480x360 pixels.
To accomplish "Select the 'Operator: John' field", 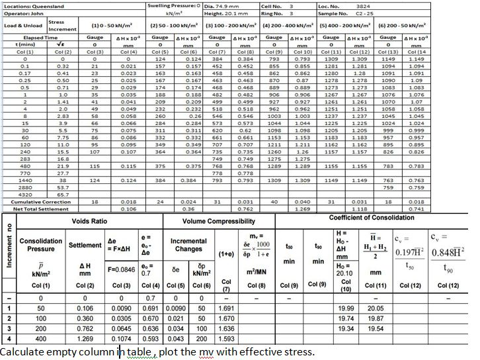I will (x=20, y=12).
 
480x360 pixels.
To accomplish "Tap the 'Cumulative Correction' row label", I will (x=33, y=201).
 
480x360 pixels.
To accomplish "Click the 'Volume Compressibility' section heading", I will (x=218, y=220).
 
